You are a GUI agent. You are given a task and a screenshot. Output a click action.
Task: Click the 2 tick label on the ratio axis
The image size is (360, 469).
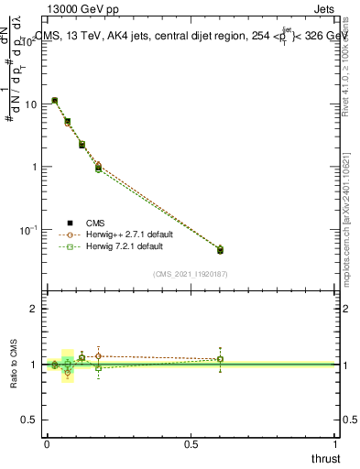34,310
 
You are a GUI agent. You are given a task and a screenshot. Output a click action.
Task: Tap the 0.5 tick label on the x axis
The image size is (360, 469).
191,443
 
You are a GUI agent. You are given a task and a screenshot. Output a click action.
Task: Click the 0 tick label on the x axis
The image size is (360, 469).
47,443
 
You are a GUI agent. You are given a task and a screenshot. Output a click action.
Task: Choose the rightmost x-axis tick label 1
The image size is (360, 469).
336,443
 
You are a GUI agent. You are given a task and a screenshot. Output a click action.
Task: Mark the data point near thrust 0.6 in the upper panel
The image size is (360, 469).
220,249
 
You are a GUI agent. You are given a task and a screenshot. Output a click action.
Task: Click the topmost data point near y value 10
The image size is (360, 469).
55,101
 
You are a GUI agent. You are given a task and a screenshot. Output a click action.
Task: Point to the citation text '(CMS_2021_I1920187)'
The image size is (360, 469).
191,273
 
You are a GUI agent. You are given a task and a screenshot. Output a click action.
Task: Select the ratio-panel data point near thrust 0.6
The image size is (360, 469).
220,359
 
